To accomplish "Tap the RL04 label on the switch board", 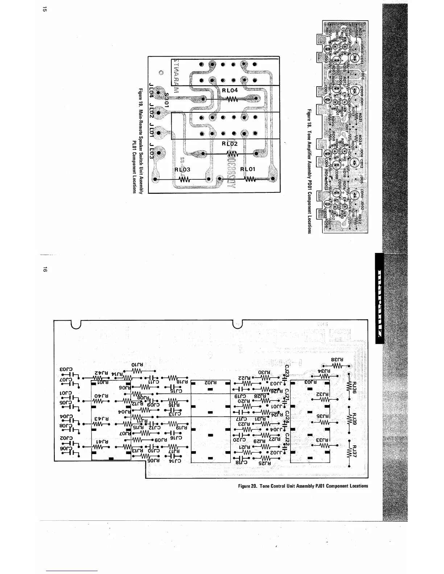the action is click(230, 90).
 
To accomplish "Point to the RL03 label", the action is click(182, 169).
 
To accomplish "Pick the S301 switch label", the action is click(167, 99).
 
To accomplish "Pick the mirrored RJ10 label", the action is click(139, 365).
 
